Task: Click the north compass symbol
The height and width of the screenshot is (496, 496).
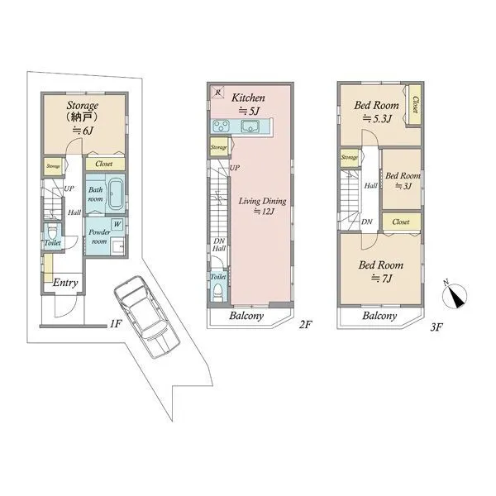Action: [x=455, y=295]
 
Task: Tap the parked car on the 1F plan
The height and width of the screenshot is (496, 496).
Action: [x=147, y=317]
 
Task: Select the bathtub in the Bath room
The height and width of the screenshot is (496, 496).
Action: [x=116, y=194]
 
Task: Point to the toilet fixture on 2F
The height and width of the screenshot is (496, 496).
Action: [x=218, y=292]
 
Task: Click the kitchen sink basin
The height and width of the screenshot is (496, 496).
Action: [x=250, y=126]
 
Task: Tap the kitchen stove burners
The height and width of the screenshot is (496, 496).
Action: [x=221, y=126]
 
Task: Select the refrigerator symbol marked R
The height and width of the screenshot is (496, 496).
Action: [x=217, y=92]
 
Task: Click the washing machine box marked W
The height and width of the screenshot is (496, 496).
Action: [x=117, y=224]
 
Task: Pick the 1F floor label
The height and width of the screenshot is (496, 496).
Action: [x=116, y=323]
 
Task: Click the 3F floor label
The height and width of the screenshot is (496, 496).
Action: [x=436, y=327]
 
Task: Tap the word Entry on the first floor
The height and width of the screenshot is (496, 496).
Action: [x=65, y=283]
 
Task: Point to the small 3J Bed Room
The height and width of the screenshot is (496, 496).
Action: [x=402, y=179]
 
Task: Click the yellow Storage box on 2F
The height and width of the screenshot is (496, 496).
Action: [x=218, y=147]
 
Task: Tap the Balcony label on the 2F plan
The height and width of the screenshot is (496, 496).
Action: [x=246, y=316]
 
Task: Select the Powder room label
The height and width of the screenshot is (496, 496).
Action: [x=99, y=236]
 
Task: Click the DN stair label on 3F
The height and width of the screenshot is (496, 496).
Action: [x=367, y=222]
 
